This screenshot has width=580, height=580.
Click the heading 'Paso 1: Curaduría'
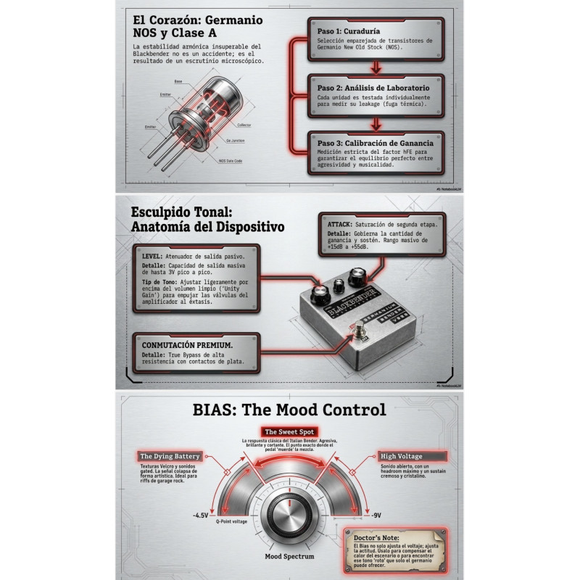click(x=348, y=32)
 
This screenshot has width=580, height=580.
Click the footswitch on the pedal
click(x=358, y=333)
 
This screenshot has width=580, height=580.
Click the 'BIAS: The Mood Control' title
click(x=290, y=410)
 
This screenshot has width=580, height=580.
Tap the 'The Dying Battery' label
click(x=170, y=457)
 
